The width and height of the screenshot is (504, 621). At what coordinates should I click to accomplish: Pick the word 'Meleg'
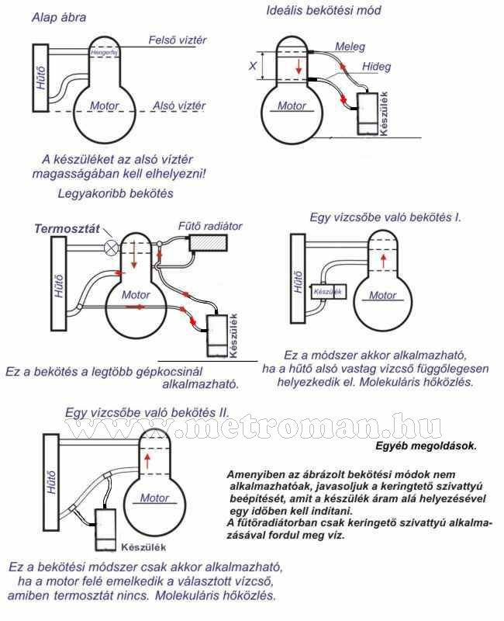tap(350, 47)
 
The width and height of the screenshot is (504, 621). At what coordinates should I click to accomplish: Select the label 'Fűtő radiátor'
tap(211, 226)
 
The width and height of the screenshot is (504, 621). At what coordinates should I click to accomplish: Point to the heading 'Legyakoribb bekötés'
tap(116, 193)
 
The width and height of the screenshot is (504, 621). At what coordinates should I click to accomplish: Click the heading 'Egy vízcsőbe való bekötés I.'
tap(385, 217)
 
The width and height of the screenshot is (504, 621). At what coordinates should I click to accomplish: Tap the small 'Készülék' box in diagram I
tap(326, 291)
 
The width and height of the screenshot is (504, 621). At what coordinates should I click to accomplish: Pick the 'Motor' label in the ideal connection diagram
tap(292, 106)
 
